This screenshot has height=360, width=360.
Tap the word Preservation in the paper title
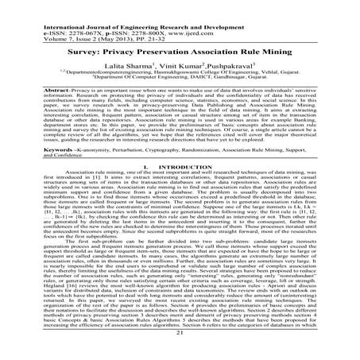click(168, 46)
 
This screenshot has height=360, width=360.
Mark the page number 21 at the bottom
click(180, 342)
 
